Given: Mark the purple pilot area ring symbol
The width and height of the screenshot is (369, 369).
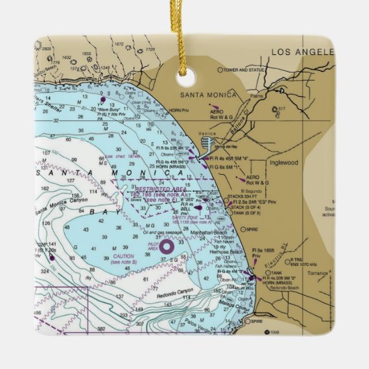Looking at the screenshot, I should pyautogui.click(x=167, y=245).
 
